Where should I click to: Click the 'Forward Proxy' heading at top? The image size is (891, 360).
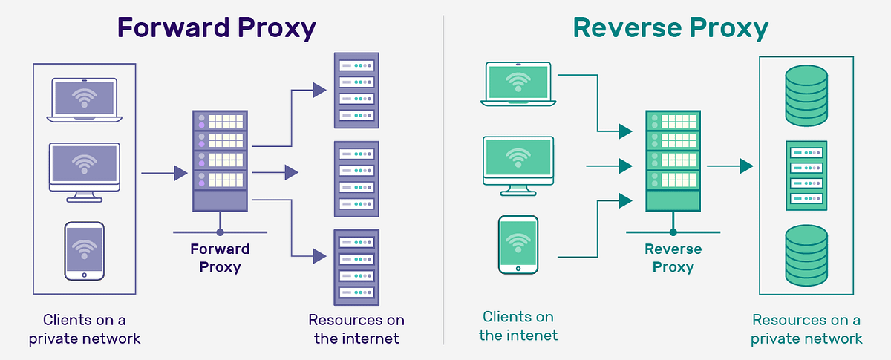[x=217, y=28]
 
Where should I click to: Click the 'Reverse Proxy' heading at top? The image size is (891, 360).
[x=670, y=28]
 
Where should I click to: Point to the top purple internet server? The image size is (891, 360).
[x=356, y=88]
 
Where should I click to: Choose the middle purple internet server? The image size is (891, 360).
[x=356, y=177]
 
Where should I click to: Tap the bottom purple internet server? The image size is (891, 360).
[x=356, y=266]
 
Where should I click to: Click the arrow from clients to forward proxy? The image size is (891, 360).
[x=163, y=174]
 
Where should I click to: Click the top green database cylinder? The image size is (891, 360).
[x=806, y=95]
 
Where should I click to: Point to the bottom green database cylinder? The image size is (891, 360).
[x=806, y=257]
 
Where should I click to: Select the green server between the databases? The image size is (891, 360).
[x=806, y=176]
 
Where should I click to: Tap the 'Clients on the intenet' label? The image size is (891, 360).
[x=518, y=326]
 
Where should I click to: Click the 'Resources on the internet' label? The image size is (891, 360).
[x=356, y=329]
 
